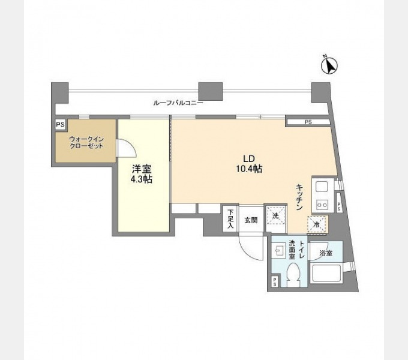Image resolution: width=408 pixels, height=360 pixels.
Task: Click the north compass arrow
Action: (x=329, y=65)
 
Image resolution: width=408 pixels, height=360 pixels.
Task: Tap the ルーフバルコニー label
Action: (x=178, y=103)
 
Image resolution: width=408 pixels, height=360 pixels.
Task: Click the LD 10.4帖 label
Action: (x=249, y=164)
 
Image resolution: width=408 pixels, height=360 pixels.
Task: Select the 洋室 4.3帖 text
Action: (x=142, y=174)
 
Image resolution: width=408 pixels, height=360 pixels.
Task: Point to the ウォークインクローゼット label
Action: (x=86, y=142)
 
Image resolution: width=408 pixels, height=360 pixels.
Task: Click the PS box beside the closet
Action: (x=60, y=125)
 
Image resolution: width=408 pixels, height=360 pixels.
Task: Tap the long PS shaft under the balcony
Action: (x=308, y=122)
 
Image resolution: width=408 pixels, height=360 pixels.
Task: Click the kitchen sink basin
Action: (x=322, y=187)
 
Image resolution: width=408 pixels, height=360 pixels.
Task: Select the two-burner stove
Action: (x=322, y=205)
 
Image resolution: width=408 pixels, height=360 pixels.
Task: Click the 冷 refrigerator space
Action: (x=317, y=224)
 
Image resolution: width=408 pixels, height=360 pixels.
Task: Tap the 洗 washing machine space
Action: (x=275, y=215)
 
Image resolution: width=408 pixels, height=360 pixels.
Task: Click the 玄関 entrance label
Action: (x=251, y=220)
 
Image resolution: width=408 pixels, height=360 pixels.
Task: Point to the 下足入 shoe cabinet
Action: (x=231, y=218)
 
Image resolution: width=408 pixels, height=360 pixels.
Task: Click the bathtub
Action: (x=326, y=273)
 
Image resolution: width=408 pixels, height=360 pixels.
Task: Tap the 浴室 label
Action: (x=326, y=253)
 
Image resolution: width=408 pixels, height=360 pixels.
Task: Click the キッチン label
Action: (x=299, y=197)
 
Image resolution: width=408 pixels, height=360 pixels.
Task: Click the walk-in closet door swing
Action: (x=127, y=148)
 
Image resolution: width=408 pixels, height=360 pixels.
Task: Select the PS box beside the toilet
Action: (x=275, y=282)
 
